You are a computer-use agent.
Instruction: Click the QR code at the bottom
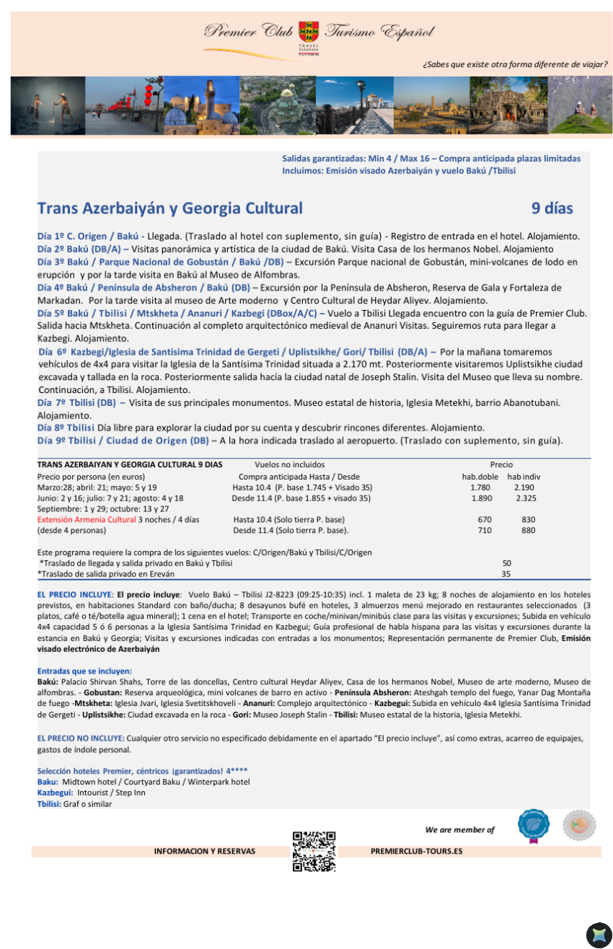click(314, 852)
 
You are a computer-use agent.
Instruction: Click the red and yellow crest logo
click(309, 32)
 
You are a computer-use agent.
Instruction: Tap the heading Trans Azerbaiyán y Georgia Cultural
click(170, 209)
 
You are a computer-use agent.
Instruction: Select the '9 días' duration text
click(552, 209)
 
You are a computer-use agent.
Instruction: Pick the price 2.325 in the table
click(526, 498)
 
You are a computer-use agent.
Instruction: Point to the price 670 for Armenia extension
click(485, 520)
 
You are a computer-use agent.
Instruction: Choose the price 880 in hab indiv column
click(529, 531)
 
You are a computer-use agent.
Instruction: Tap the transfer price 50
click(506, 563)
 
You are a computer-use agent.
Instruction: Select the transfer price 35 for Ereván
click(506, 574)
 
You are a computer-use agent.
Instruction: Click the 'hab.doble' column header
click(480, 477)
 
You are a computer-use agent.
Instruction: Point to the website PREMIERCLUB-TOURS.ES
click(416, 852)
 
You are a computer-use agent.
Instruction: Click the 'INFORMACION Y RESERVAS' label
click(205, 852)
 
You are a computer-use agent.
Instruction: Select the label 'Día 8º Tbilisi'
click(66, 428)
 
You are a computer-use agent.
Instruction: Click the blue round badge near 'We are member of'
click(533, 825)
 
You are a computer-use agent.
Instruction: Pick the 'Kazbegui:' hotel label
click(55, 793)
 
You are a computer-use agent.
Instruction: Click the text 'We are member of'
click(459, 830)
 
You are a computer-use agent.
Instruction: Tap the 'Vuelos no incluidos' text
click(290, 465)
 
